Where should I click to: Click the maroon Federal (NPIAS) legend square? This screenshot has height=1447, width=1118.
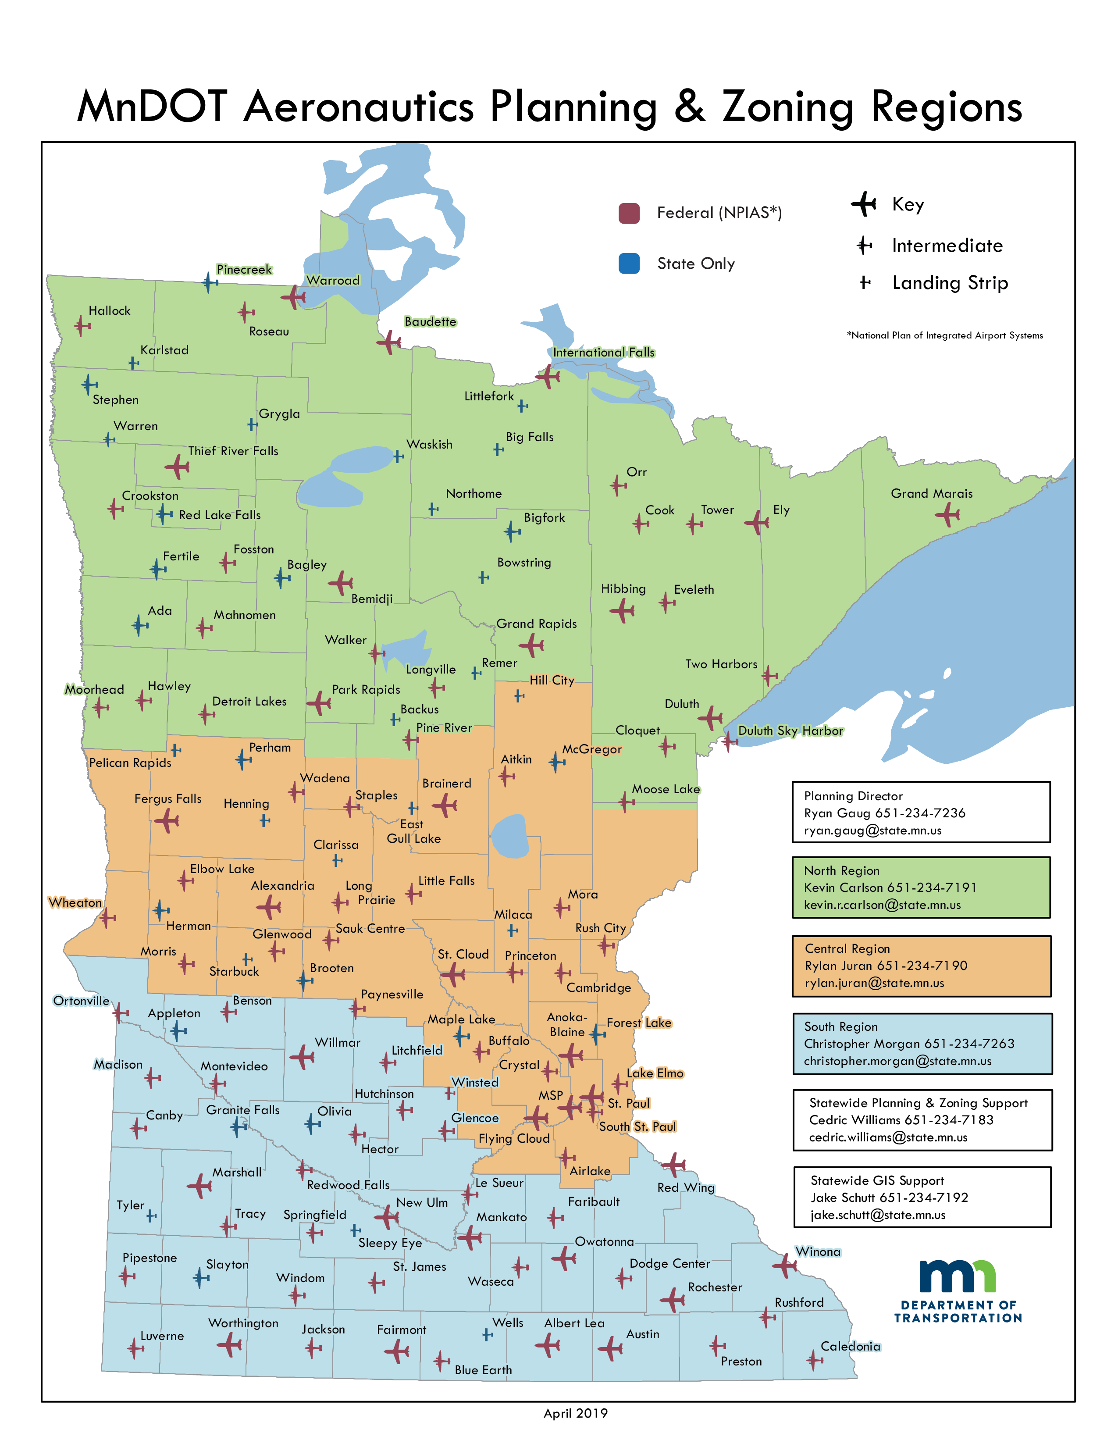[629, 214]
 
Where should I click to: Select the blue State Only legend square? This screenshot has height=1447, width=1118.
[629, 264]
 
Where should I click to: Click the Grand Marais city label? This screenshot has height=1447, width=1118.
[931, 494]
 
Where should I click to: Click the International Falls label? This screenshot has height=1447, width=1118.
[603, 353]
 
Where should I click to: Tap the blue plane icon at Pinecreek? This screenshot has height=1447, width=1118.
[210, 283]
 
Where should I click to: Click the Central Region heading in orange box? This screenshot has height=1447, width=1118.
[847, 949]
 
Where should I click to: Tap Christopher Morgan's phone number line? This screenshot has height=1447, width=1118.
[909, 1044]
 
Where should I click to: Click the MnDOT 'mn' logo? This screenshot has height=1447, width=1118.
[958, 1276]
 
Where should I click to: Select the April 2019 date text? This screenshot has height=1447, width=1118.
[575, 1413]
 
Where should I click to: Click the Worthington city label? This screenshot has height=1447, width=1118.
[243, 1323]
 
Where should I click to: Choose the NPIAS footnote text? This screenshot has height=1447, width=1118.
[944, 335]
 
